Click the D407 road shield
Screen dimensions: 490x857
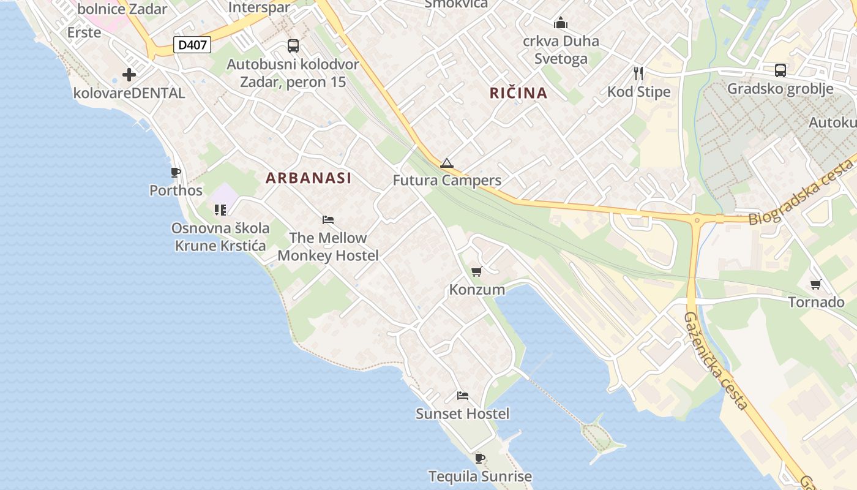pyautogui.click(x=192, y=45)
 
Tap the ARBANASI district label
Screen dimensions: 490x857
pyautogui.click(x=309, y=178)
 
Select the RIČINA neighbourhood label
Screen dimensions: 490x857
pyautogui.click(x=518, y=93)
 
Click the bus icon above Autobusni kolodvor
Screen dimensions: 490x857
pyautogui.click(x=293, y=46)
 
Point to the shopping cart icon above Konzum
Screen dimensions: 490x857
pyautogui.click(x=476, y=271)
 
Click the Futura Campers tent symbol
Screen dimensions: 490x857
pyautogui.click(x=446, y=163)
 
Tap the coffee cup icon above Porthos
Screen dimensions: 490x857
pyautogui.click(x=176, y=173)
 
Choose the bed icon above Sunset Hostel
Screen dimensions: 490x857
pyautogui.click(x=463, y=396)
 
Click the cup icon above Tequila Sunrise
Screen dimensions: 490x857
pyautogui.click(x=480, y=458)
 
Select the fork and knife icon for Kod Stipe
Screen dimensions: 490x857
pyautogui.click(x=638, y=73)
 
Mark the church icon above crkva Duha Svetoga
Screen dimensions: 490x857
pyautogui.click(x=560, y=23)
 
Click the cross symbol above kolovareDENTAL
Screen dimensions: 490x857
pyautogui.click(x=129, y=75)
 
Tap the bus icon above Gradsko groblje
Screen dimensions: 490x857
pyautogui.click(x=780, y=70)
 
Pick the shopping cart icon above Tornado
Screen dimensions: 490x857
pyautogui.click(x=815, y=284)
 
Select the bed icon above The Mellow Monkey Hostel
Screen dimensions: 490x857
pyautogui.click(x=328, y=220)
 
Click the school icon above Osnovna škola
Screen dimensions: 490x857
pyautogui.click(x=220, y=210)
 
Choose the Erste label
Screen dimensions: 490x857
pyautogui.click(x=84, y=32)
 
